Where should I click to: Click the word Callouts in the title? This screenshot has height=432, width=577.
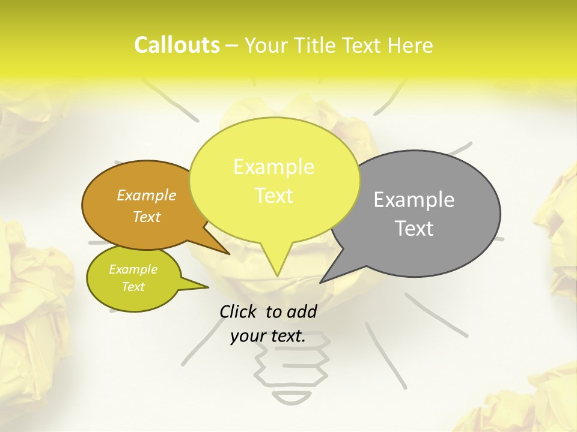pyautogui.click(x=177, y=45)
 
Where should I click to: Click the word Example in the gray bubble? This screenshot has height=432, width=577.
pyautogui.click(x=414, y=200)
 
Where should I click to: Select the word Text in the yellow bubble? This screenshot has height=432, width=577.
pyautogui.click(x=274, y=196)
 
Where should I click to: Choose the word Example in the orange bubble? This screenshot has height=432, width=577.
pyautogui.click(x=147, y=195)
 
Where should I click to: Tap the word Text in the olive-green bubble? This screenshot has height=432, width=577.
pyautogui.click(x=133, y=287)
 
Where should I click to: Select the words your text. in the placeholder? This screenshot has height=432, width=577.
pyautogui.click(x=268, y=336)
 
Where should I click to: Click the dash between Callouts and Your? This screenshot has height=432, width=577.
pyautogui.click(x=232, y=46)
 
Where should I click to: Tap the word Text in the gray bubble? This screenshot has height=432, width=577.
pyautogui.click(x=415, y=229)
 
